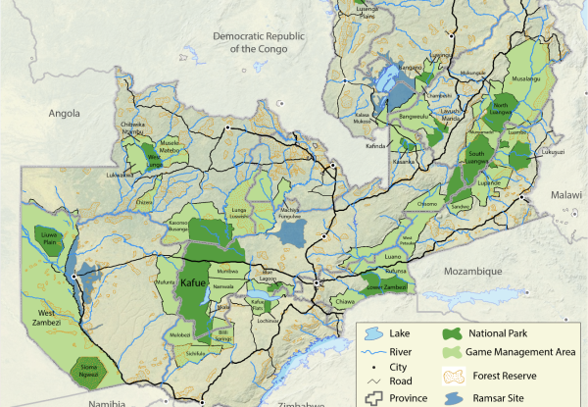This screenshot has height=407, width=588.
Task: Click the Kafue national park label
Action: tap(192, 283)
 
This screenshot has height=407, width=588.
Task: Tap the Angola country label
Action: tap(64, 114)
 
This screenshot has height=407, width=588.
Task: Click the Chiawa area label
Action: tap(345, 303)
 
